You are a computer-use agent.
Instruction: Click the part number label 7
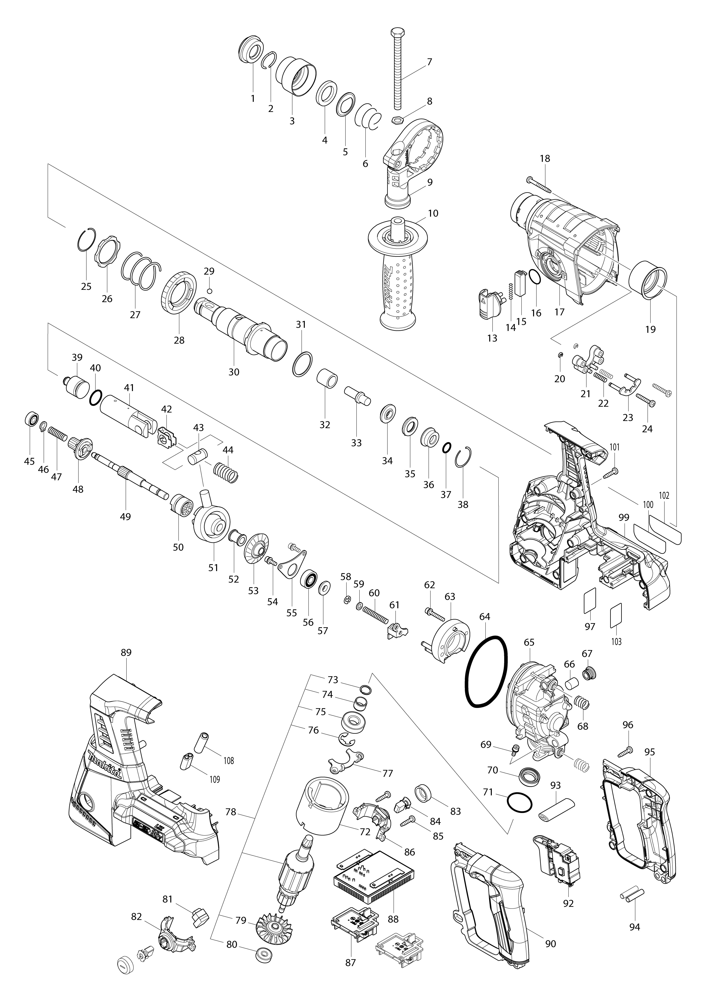(429, 62)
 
